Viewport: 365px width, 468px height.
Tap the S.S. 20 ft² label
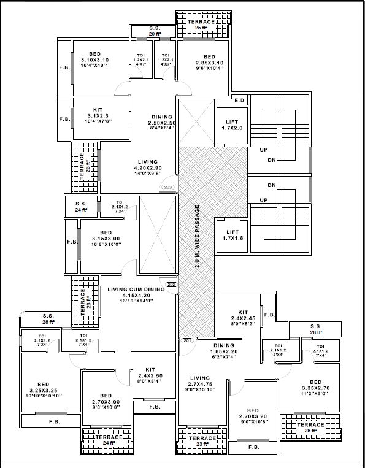(155, 31)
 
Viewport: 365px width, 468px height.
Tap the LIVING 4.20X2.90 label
(148, 167)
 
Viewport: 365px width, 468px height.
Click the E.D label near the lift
(239, 101)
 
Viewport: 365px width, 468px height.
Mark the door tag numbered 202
(171, 285)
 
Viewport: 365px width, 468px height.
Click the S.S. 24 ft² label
(81, 206)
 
